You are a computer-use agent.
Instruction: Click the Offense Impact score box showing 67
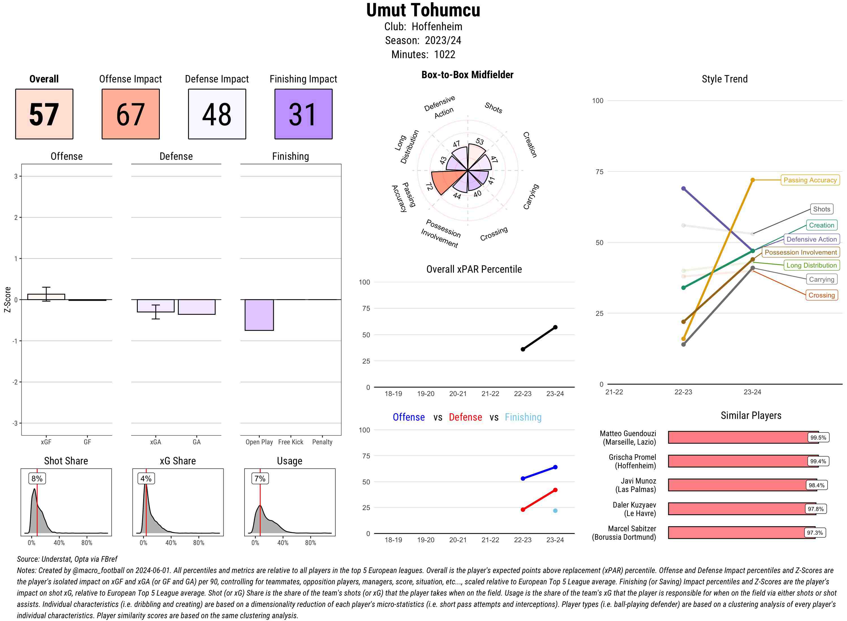coord(130,114)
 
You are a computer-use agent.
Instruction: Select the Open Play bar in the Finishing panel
coord(259,315)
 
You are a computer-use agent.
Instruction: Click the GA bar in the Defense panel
coord(196,307)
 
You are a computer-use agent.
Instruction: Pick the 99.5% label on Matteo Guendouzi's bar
coord(818,438)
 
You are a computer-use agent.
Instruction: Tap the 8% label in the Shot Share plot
coord(37,478)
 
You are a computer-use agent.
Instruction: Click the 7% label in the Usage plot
coord(260,478)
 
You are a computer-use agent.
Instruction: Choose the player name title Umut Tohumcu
coord(423,10)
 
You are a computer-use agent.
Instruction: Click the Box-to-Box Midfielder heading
coord(467,75)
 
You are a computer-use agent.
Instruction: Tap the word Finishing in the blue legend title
coord(523,417)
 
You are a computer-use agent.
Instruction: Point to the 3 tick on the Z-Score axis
coord(16,176)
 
